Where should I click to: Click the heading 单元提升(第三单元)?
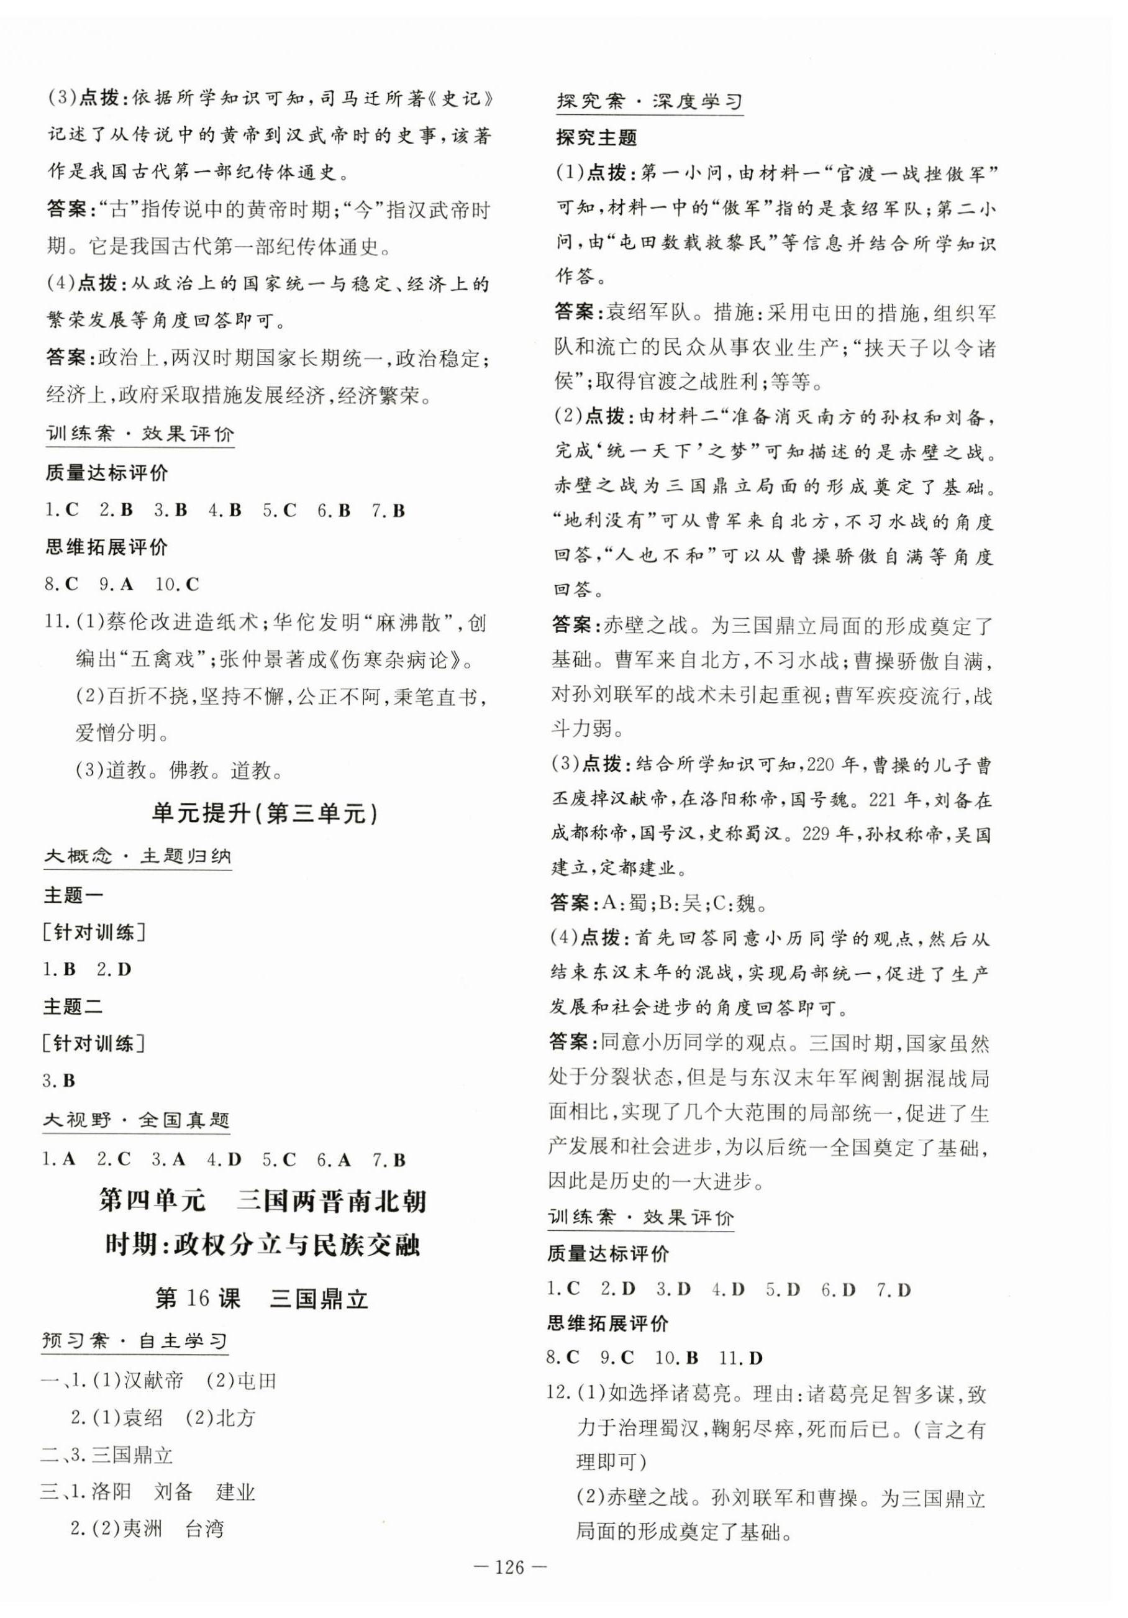[265, 814]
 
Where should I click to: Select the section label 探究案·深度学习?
[649, 101]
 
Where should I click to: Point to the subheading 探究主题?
[596, 137]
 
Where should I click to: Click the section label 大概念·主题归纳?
[137, 856]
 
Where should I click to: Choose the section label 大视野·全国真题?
[137, 1120]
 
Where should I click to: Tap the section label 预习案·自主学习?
[135, 1341]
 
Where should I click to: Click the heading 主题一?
[73, 896]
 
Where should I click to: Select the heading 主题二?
[73, 1007]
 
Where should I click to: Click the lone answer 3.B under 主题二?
[59, 1081]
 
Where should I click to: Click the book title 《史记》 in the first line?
[462, 98]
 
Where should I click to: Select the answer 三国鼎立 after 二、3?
[132, 1455]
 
